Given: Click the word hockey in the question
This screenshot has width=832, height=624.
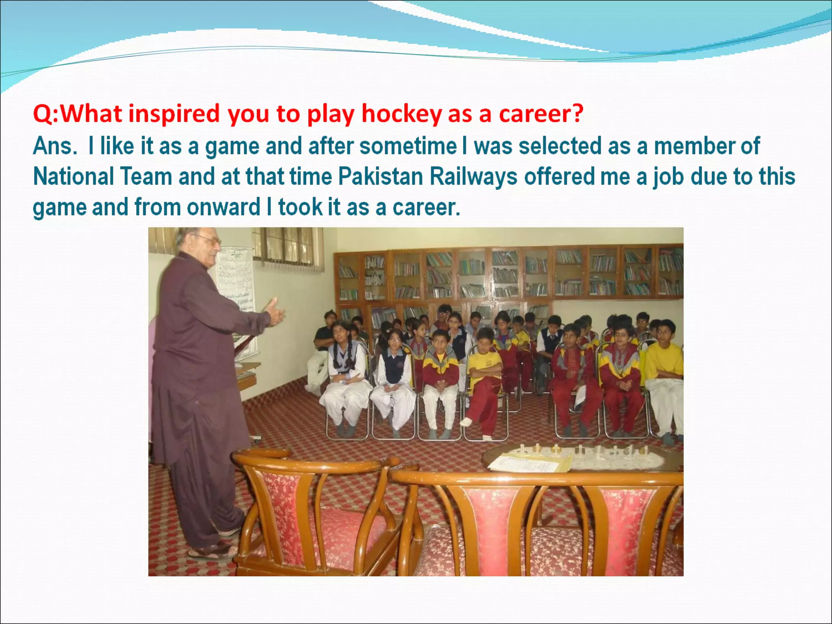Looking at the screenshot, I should click(x=401, y=114).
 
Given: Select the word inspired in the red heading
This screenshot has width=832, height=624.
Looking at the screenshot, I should click(x=174, y=114).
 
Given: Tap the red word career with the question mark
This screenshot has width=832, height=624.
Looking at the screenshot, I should click(x=541, y=114).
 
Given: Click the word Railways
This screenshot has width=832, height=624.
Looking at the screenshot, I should click(x=473, y=177).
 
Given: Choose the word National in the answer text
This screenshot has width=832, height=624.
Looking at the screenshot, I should click(x=74, y=177).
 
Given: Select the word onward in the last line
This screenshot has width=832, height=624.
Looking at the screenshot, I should click(x=223, y=207).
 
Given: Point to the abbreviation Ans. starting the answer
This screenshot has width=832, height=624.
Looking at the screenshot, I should click(x=55, y=146).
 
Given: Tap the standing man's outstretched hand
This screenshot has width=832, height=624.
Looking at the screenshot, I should click(x=275, y=312).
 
